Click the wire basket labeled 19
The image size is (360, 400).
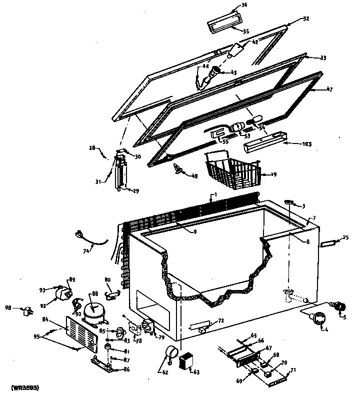232,170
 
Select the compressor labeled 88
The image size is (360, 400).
93,312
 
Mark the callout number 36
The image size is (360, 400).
244,5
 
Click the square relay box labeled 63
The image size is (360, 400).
187,361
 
